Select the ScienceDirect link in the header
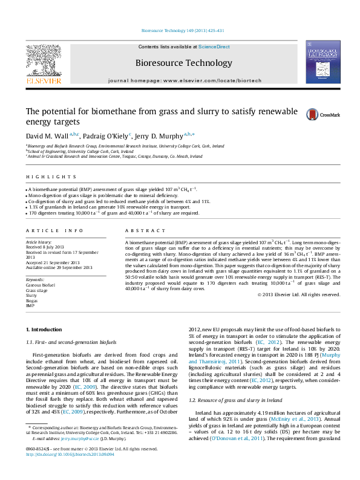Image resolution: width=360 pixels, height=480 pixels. [214, 47]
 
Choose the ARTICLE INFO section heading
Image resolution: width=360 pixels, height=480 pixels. [54, 231]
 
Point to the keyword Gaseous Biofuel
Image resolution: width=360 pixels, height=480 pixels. [41, 285]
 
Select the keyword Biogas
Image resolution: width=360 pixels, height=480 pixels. [31, 300]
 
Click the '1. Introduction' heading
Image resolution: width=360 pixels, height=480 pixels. [46, 329]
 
